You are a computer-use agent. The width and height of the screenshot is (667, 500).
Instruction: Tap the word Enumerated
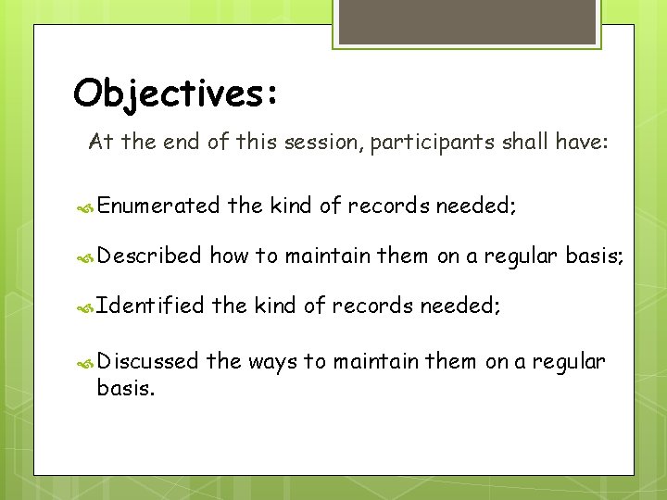pyautogui.click(x=157, y=206)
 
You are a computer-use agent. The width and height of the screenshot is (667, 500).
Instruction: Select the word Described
pyautogui.click(x=148, y=256)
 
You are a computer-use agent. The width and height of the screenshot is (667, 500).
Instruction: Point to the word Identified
pyautogui.click(x=150, y=306)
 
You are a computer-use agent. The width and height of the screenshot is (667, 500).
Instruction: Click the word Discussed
pyautogui.click(x=147, y=361)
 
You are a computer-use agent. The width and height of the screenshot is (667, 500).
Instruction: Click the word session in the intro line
pyautogui.click(x=328, y=143)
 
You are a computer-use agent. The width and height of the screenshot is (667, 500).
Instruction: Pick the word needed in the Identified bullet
pyautogui.click(x=459, y=306)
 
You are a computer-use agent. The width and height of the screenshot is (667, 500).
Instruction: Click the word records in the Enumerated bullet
pyautogui.click(x=389, y=206)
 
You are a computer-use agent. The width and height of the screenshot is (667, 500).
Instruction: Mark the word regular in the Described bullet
pyautogui.click(x=518, y=256)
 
